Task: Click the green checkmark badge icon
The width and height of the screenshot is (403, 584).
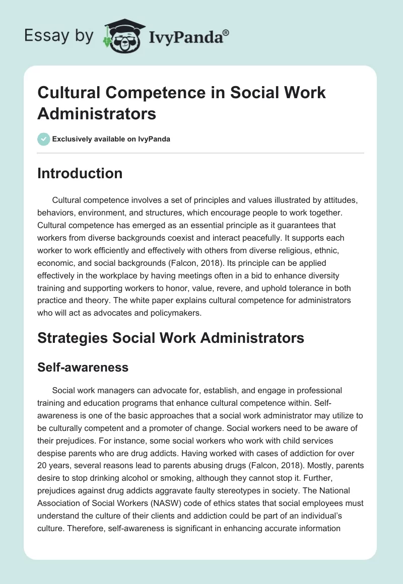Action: click(44, 139)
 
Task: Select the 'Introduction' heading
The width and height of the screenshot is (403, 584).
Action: click(80, 173)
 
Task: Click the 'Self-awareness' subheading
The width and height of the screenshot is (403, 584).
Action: click(83, 368)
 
